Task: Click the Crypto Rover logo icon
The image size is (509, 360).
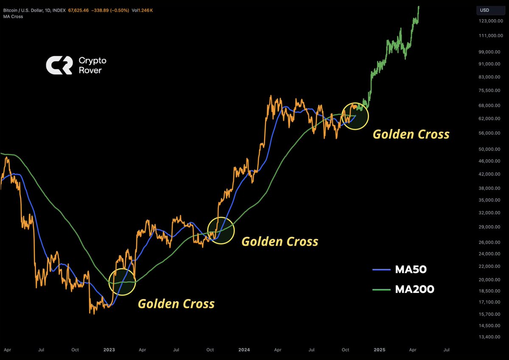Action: click(59, 65)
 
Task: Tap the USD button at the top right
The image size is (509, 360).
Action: click(484, 10)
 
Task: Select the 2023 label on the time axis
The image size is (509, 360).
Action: click(109, 350)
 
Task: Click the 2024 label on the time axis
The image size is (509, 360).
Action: click(244, 350)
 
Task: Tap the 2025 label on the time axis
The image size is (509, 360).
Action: click(379, 350)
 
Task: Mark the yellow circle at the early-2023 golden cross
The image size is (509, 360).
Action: click(122, 282)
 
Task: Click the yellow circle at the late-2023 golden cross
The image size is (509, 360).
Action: click(221, 230)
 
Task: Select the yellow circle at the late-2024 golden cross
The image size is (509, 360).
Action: click(355, 116)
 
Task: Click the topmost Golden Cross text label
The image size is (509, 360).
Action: click(411, 134)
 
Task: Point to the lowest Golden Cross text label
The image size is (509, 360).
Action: click(176, 304)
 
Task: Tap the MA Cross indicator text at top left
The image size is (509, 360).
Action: click(12, 17)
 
